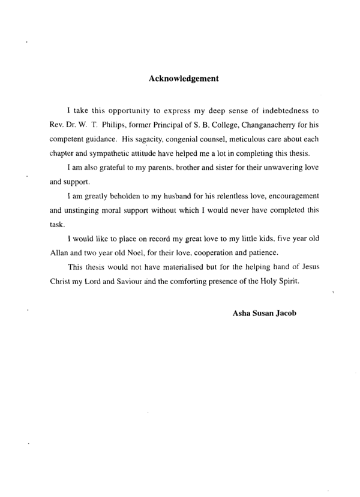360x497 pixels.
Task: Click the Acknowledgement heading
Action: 183,78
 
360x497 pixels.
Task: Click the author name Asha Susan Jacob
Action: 264,311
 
